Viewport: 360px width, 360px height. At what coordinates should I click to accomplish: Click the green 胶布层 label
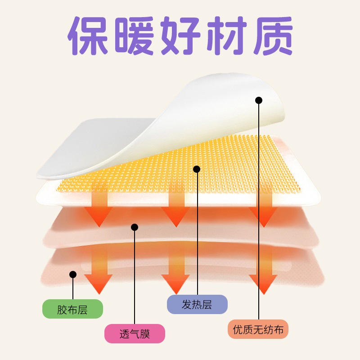72,309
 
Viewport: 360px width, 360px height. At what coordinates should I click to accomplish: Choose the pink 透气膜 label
135,334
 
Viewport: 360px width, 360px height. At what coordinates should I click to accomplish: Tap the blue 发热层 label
197,305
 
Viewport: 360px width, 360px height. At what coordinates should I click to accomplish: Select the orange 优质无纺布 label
258,329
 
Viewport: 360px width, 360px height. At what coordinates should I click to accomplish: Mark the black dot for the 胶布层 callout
73,274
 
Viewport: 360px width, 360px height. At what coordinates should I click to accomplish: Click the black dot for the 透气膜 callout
134,227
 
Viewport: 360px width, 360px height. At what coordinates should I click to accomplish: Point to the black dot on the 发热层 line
197,169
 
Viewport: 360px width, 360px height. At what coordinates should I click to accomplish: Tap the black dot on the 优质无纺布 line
259,100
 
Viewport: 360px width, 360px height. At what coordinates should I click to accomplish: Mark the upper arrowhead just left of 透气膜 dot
99,216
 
